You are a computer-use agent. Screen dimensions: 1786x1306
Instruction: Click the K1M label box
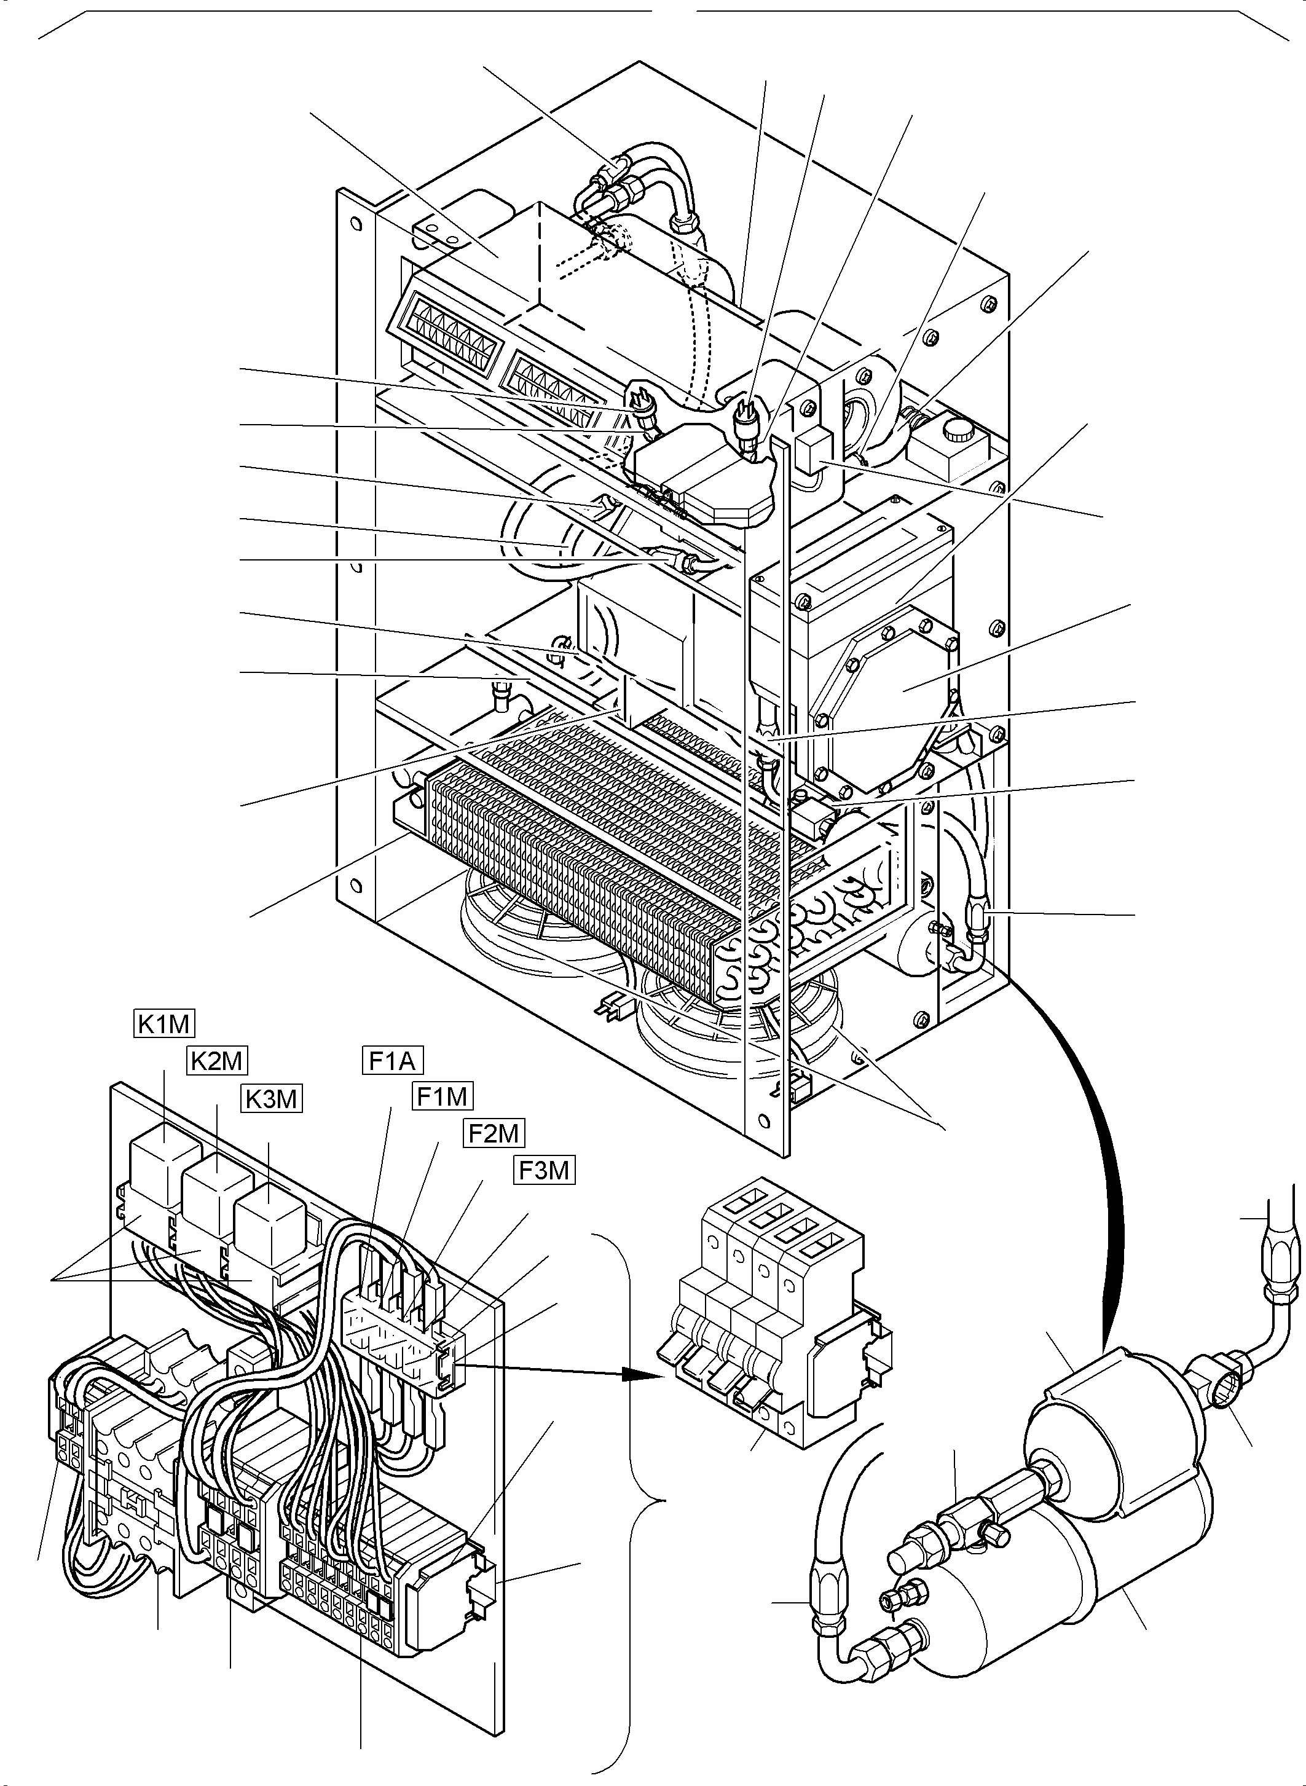click(163, 1025)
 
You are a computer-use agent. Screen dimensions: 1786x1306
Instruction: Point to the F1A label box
click(393, 1060)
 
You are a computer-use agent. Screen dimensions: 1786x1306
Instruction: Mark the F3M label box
click(544, 1170)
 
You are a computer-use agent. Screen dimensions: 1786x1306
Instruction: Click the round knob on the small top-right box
click(959, 433)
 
